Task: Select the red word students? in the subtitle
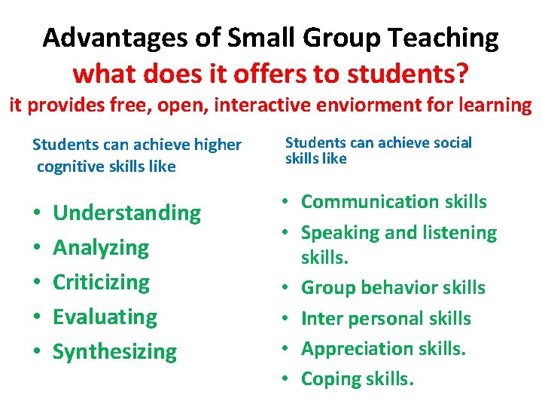click(x=416, y=73)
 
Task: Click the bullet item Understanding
click(x=127, y=213)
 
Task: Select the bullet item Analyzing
click(x=101, y=247)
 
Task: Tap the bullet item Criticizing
click(x=102, y=282)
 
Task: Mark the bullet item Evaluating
click(x=105, y=317)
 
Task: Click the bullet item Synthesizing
click(x=114, y=351)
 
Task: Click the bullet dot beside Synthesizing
click(x=36, y=352)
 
